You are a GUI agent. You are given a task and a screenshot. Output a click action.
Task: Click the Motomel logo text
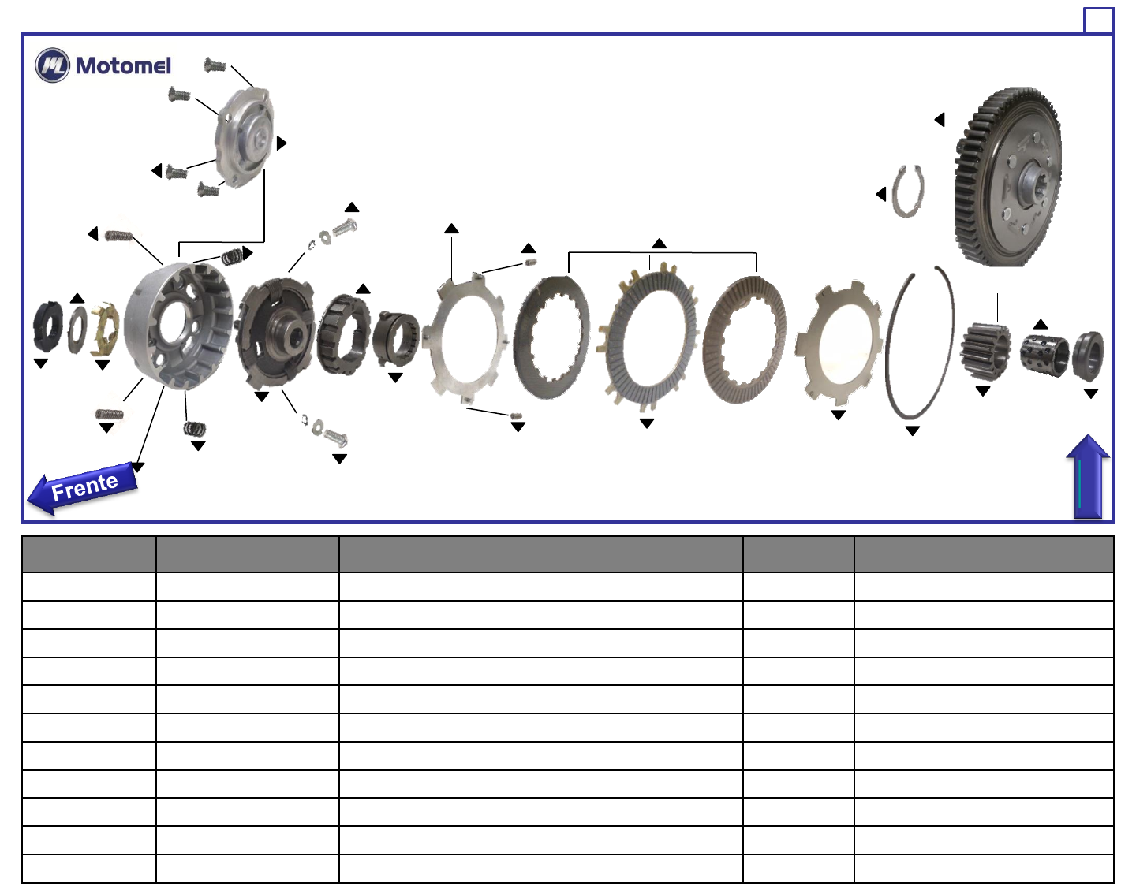(x=124, y=66)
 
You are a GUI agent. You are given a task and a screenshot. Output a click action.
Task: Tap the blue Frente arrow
(x=82, y=488)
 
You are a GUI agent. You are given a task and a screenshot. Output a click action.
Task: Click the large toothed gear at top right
(x=1007, y=177)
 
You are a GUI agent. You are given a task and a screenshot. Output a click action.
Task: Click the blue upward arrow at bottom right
(x=1088, y=476)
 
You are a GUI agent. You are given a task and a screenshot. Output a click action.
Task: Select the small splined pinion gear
(x=985, y=351)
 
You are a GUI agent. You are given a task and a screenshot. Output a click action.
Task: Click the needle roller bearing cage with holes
(x=1044, y=355)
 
